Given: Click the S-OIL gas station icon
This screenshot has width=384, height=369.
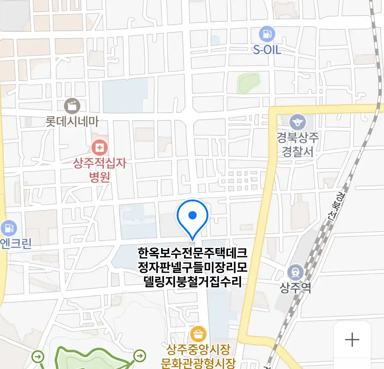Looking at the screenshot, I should coord(267,34).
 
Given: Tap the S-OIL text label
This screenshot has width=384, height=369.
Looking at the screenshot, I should coord(267,50).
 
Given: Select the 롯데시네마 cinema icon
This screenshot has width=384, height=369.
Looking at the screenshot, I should coord(72,106).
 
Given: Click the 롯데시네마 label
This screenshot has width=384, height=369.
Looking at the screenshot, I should coord(72,121).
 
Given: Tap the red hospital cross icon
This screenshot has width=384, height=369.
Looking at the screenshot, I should coord(100,148).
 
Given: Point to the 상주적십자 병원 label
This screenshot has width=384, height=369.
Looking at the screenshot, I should coord(100,169).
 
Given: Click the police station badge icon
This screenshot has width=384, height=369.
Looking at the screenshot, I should coord(298,122).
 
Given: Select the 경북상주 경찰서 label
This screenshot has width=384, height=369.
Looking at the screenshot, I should coord(298,144).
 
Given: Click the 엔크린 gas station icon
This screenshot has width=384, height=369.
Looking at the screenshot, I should coord(9,228).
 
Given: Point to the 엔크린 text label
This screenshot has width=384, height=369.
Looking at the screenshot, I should coord(16,243).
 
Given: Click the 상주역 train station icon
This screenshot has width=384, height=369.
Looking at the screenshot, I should coord(295,272).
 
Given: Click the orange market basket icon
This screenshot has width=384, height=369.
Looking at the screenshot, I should coord(198,334).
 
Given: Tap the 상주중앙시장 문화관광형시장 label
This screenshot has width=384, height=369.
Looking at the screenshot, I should coord(198,356).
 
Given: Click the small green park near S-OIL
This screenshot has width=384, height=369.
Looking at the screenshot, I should coord(248,82).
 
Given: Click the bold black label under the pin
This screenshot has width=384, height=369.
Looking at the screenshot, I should coord(193,267).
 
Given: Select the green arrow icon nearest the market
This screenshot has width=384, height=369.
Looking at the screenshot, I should coord(139,356).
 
